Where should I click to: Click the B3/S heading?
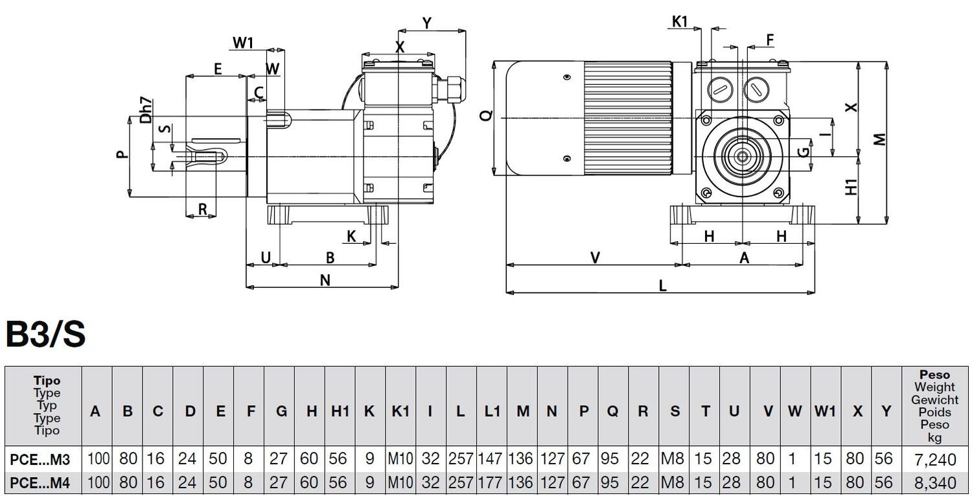[x=45, y=335]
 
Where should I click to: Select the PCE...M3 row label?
[x=40, y=459]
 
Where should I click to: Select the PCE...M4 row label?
[x=40, y=483]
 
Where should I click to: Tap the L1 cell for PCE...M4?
[x=491, y=483]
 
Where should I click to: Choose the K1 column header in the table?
[x=400, y=411]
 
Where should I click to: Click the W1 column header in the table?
[x=825, y=411]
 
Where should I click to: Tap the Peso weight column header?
[x=934, y=406]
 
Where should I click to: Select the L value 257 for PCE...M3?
[x=461, y=459]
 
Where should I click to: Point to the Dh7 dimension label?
[x=146, y=110]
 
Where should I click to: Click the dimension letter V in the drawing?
[x=595, y=258]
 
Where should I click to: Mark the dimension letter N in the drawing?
[x=325, y=280]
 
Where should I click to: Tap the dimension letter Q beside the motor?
[x=487, y=115]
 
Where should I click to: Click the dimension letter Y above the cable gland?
[x=427, y=23]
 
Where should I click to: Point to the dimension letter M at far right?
[x=879, y=139]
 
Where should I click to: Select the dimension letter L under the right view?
[x=662, y=286]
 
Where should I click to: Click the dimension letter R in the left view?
[x=202, y=209]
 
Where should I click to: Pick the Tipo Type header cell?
[x=46, y=405]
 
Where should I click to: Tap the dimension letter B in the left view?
[x=330, y=257]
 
